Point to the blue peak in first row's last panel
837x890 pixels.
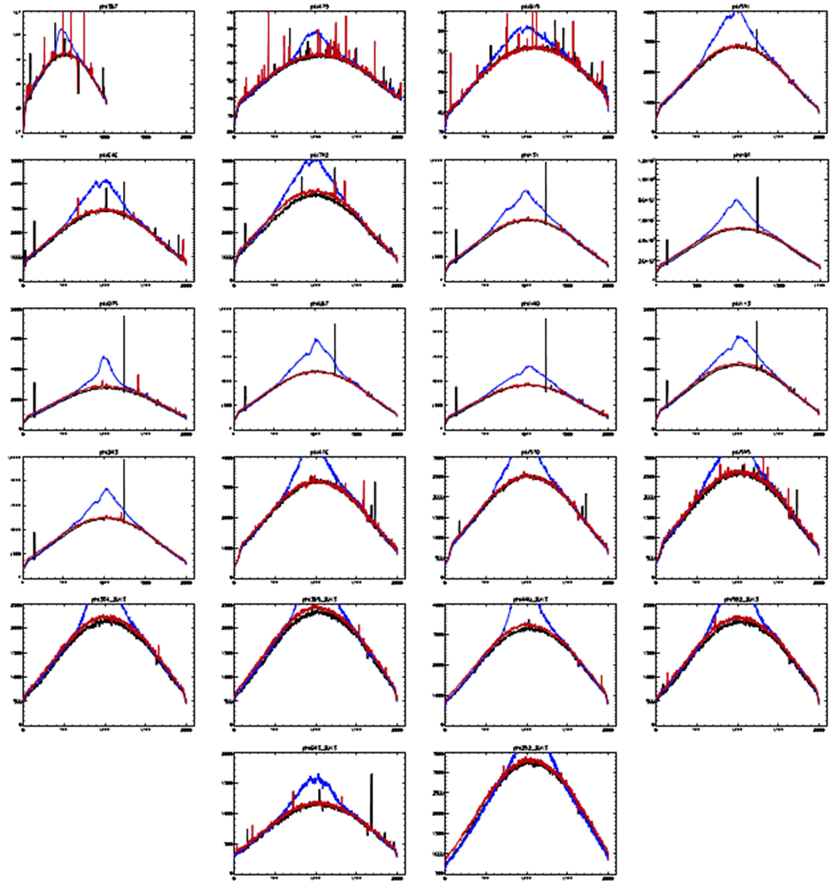pos(737,11)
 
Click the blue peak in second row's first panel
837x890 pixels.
pos(103,179)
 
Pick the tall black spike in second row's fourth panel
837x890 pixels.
pos(757,179)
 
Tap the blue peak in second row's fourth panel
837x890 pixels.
pos(736,200)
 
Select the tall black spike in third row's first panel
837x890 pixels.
pos(124,320)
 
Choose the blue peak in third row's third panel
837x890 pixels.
pos(527,366)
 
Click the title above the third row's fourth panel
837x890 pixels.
pos(737,305)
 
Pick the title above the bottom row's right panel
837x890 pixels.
pos(526,750)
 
